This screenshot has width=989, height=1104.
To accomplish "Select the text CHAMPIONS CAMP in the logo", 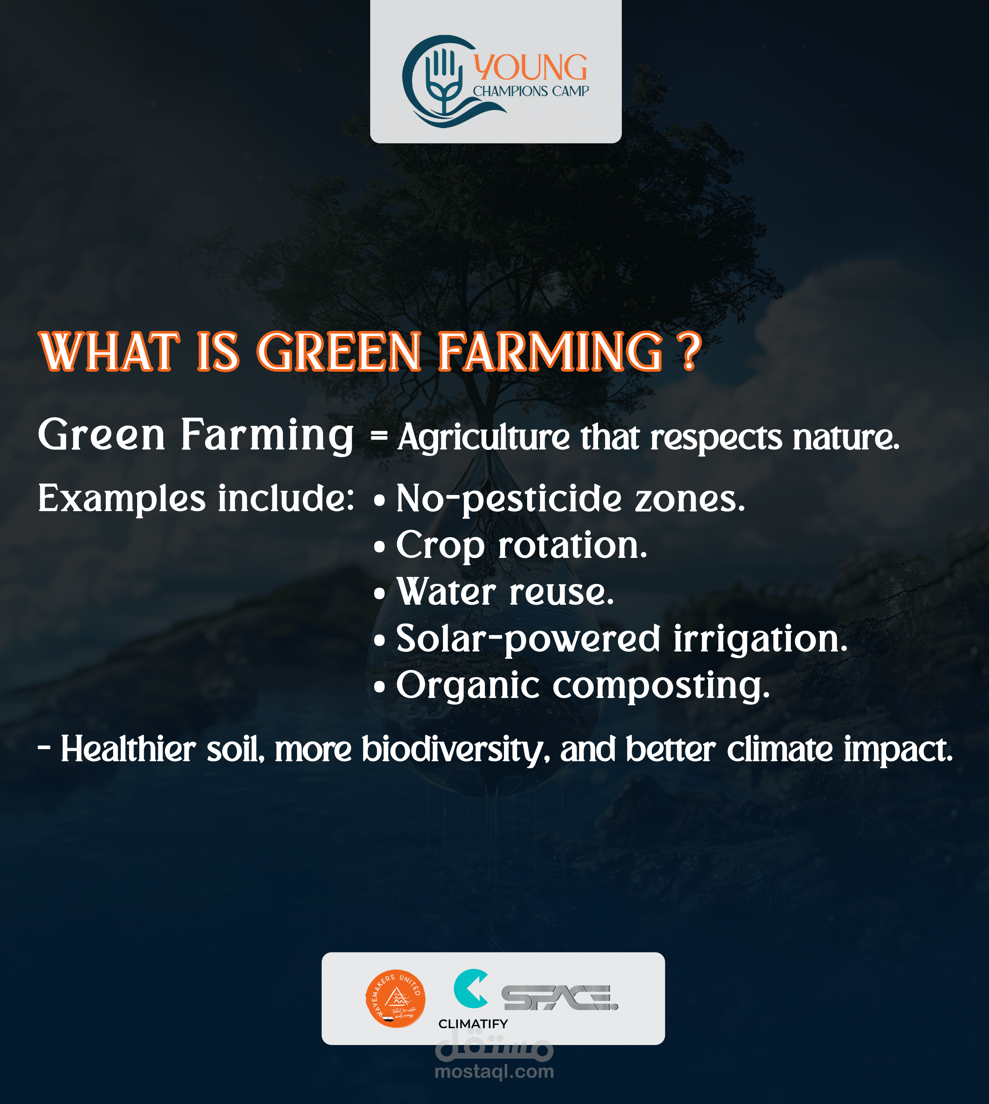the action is click(531, 91).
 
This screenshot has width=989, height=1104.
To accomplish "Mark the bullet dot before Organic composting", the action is click(380, 687).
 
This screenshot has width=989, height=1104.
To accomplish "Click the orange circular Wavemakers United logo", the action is click(396, 999).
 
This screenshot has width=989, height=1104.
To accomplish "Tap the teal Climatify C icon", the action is click(470, 988).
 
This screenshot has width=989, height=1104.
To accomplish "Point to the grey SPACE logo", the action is click(560, 998).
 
